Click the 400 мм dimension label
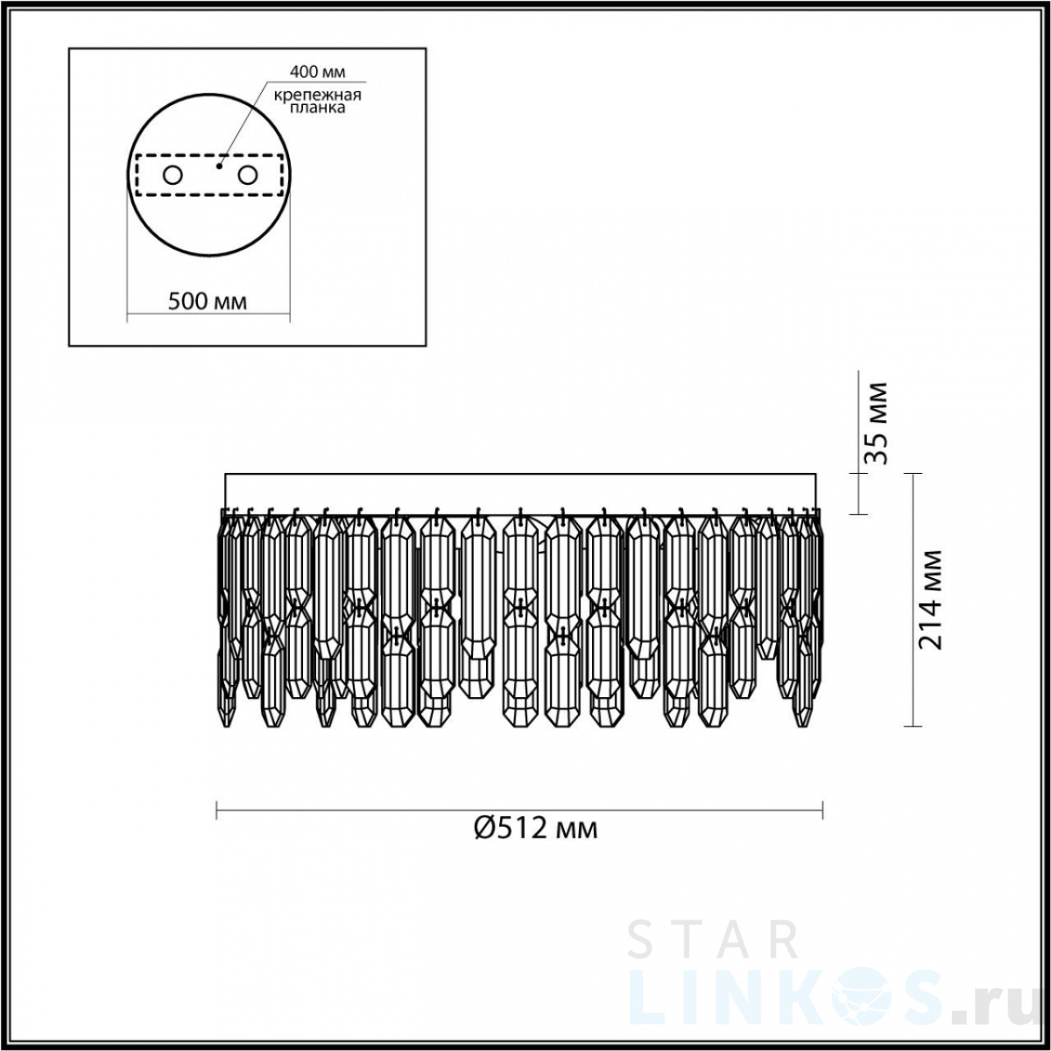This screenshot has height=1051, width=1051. (x=317, y=72)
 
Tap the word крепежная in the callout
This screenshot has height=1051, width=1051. (x=317, y=95)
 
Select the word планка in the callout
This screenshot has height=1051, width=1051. (x=317, y=108)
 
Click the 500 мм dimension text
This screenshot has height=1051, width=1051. (x=208, y=301)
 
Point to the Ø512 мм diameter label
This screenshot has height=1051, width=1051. (x=536, y=844)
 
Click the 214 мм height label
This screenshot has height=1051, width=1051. (x=930, y=600)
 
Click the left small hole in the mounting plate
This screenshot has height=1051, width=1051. (x=173, y=176)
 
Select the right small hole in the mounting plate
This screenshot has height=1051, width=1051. (x=247, y=176)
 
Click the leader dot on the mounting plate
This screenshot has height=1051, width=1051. (x=220, y=166)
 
